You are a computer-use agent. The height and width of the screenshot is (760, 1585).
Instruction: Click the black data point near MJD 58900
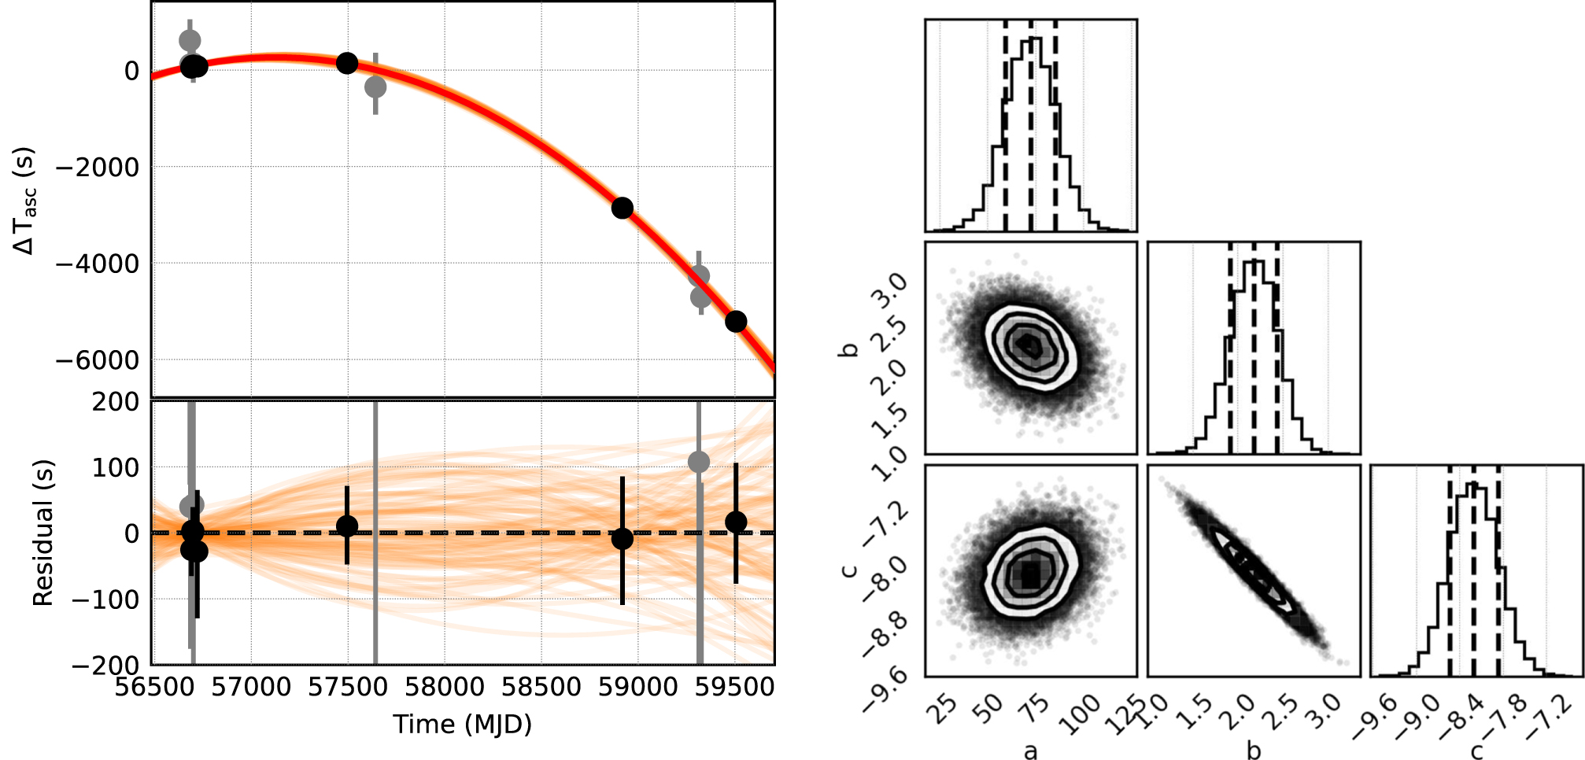(623, 208)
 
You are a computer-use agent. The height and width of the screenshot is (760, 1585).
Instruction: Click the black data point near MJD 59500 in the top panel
(736, 321)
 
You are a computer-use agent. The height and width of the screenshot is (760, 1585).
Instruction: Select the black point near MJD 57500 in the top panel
(347, 63)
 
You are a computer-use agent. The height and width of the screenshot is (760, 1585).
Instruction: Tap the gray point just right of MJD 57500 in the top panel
(375, 87)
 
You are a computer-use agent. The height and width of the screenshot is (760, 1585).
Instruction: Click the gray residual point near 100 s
(699, 462)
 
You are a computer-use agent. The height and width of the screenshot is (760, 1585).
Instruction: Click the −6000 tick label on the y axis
(97, 360)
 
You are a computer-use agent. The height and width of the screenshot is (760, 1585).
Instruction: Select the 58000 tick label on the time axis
(445, 687)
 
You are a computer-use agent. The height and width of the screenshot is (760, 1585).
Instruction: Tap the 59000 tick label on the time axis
(637, 687)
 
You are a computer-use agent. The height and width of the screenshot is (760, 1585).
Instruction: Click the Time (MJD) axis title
(463, 724)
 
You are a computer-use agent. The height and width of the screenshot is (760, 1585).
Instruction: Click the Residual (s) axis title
(42, 533)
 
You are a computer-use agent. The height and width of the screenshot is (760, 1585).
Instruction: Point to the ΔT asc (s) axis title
(25, 201)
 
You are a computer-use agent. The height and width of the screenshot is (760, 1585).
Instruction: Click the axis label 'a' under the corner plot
(1030, 751)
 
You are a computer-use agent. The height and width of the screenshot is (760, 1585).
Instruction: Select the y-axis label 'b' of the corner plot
(848, 348)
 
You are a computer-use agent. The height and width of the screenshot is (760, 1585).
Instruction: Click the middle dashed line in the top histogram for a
(1030, 126)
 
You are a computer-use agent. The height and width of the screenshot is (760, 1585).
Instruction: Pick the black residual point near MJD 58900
(623, 539)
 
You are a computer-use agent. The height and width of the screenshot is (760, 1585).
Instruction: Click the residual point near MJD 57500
(347, 526)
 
